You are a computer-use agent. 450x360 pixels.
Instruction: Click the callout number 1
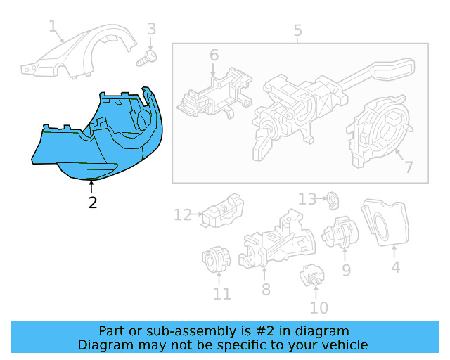(x=53, y=27)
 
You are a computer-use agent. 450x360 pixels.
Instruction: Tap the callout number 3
(x=151, y=29)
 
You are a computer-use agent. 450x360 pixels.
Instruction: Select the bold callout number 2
(x=92, y=203)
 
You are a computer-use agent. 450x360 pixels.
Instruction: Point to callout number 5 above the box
(x=297, y=31)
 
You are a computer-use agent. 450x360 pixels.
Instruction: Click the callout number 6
(x=214, y=55)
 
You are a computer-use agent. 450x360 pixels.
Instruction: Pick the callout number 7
(x=407, y=167)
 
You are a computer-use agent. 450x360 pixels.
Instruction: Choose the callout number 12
(x=182, y=214)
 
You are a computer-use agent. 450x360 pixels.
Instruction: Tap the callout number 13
(x=307, y=199)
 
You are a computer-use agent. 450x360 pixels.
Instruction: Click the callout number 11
(x=221, y=293)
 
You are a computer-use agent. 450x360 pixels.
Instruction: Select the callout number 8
(x=265, y=289)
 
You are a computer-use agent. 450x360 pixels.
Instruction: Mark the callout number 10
(x=319, y=307)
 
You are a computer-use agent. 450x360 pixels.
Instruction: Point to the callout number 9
(x=347, y=269)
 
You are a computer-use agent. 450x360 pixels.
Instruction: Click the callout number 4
(x=395, y=267)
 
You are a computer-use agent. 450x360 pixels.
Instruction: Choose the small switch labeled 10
(x=311, y=277)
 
